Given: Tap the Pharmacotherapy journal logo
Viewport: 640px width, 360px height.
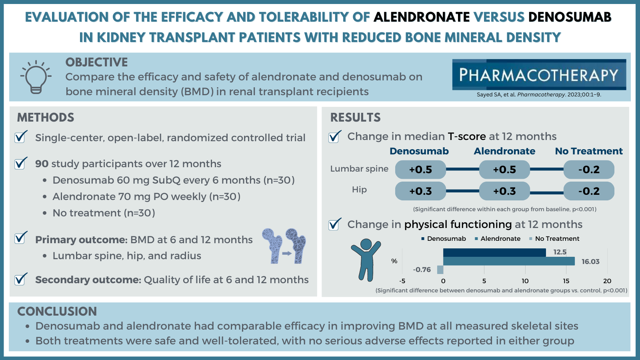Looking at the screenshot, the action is tap(539, 74).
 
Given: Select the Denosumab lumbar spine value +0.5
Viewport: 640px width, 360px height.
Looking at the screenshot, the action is tap(420, 170).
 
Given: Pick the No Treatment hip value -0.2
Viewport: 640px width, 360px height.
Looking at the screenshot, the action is tap(589, 191).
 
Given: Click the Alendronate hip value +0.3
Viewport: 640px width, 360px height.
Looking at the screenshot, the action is tap(504, 191).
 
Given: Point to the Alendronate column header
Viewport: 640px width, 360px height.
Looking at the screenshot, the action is tap(504, 151).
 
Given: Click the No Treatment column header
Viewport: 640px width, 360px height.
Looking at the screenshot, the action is tap(589, 151).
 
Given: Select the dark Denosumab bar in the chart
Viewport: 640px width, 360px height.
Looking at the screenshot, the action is tap(494, 252).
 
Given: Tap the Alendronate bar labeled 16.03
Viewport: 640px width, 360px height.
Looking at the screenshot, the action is tap(509, 261).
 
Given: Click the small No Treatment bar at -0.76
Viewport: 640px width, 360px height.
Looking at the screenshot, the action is tap(440, 270).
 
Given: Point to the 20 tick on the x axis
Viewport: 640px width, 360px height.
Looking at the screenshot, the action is tap(607, 281).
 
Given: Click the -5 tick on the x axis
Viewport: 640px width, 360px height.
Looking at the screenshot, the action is tap(402, 281).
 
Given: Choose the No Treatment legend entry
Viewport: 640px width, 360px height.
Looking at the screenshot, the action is tap(554, 238).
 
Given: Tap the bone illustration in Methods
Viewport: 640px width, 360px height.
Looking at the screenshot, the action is tap(284, 246).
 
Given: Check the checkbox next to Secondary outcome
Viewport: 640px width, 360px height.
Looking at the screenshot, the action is tap(20, 279).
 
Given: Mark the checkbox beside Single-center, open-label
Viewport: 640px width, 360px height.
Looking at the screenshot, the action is tap(20, 137).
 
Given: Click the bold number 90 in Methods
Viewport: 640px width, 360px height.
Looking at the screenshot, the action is tap(42, 164).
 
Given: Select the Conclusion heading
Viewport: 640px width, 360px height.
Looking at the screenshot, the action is tap(57, 312).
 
